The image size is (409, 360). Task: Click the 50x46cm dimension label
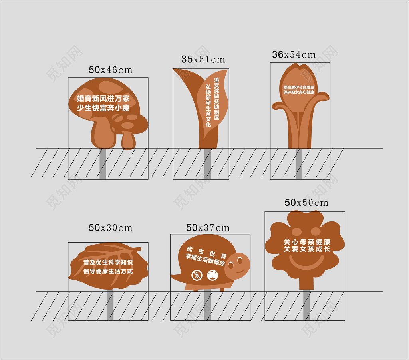point(111,70)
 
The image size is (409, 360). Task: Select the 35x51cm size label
point(203,60)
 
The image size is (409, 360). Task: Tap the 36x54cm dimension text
point(294,54)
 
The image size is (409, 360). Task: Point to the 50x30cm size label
point(111,228)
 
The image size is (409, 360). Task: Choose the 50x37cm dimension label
point(208,228)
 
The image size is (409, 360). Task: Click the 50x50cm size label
point(306,203)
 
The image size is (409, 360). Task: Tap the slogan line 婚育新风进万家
point(103,99)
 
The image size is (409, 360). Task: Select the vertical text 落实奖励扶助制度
point(217,99)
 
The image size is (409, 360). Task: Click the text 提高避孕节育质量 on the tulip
point(299,88)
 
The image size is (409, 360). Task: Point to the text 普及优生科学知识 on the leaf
point(108,262)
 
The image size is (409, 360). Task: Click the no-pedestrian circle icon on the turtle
point(197,275)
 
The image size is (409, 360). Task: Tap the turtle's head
point(237,265)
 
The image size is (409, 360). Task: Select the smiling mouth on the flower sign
point(306,262)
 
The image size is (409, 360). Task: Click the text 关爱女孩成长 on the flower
point(307,249)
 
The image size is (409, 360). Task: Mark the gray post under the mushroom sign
point(103,164)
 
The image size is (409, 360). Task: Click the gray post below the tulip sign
point(299,164)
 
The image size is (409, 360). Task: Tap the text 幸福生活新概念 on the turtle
point(205,260)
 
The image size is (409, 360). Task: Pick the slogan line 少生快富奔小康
point(103,108)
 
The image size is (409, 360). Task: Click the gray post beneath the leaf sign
point(110,305)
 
